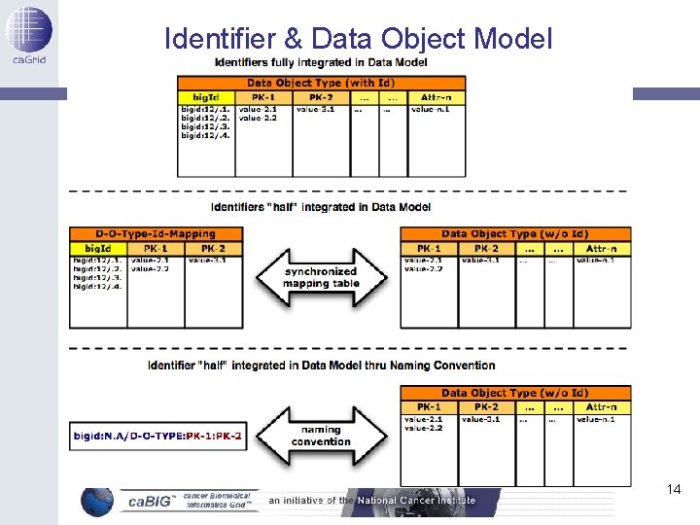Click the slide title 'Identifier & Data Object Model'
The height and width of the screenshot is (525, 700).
click(358, 38)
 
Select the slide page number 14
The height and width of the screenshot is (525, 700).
click(674, 489)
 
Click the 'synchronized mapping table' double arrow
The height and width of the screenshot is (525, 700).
click(321, 278)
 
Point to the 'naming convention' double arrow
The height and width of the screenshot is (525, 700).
click(321, 435)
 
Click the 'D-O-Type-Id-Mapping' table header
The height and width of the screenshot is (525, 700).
click(156, 234)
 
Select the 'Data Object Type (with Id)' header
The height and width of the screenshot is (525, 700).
click(321, 84)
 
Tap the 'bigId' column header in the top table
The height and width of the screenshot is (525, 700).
click(205, 97)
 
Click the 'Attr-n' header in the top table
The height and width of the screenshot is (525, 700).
click(436, 97)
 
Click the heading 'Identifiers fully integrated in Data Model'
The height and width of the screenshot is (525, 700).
click(321, 63)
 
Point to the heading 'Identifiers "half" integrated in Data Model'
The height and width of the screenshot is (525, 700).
click(321, 207)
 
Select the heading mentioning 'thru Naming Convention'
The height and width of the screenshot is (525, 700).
click(321, 366)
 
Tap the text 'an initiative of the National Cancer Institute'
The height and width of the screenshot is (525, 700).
click(372, 501)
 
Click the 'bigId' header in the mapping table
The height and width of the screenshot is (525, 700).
click(98, 249)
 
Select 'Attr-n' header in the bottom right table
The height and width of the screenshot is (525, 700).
click(601, 407)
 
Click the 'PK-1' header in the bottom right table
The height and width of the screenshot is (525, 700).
click(429, 407)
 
